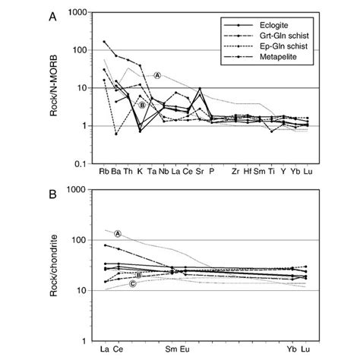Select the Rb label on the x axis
pos(104,172)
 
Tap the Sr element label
pos(200,172)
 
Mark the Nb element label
pos(164,172)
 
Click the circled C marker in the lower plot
pos(132,284)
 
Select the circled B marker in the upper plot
pos(141,105)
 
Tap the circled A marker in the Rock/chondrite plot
pos(118,234)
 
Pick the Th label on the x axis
pos(128,172)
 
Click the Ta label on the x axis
pos(152,172)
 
